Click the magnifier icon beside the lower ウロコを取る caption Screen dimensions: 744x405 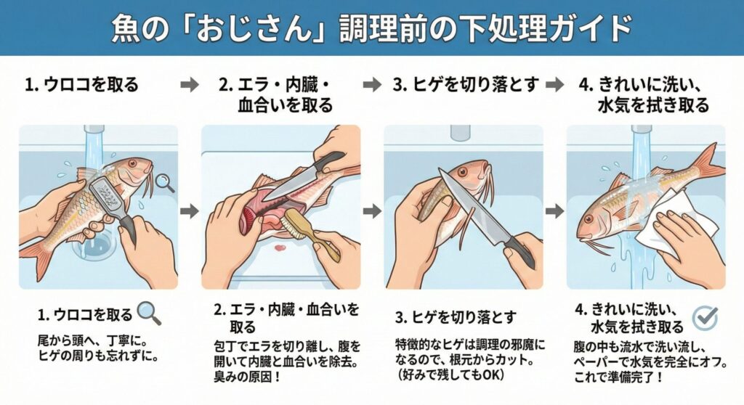pos(149,314)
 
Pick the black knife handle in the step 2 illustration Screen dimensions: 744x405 pos(328,162)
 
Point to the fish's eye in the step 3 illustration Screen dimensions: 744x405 pos(466,171)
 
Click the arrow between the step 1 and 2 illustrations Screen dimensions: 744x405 pos(190,210)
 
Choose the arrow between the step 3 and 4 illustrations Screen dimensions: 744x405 pos(555,210)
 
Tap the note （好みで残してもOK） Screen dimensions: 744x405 pos(450,375)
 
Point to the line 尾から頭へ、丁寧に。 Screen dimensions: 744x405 pos(93,340)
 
